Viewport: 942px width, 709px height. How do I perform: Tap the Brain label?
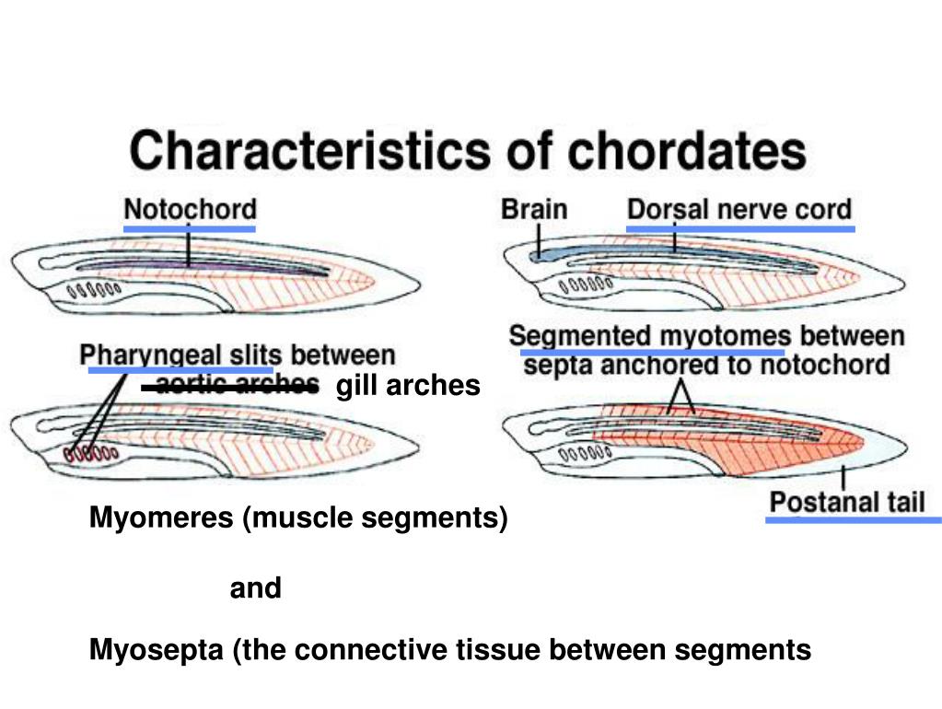533,209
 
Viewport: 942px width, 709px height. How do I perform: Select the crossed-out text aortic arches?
238,385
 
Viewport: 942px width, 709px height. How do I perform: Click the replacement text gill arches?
408,385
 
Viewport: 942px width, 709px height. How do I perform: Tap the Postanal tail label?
847,503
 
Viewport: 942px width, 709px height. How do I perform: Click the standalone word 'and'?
255,588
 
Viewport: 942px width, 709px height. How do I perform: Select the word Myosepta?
157,651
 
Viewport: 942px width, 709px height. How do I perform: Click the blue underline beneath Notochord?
190,227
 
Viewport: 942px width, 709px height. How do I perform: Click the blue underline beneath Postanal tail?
853,520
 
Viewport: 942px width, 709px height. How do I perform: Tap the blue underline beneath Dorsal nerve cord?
740,227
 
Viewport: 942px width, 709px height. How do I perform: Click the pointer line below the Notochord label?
188,247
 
